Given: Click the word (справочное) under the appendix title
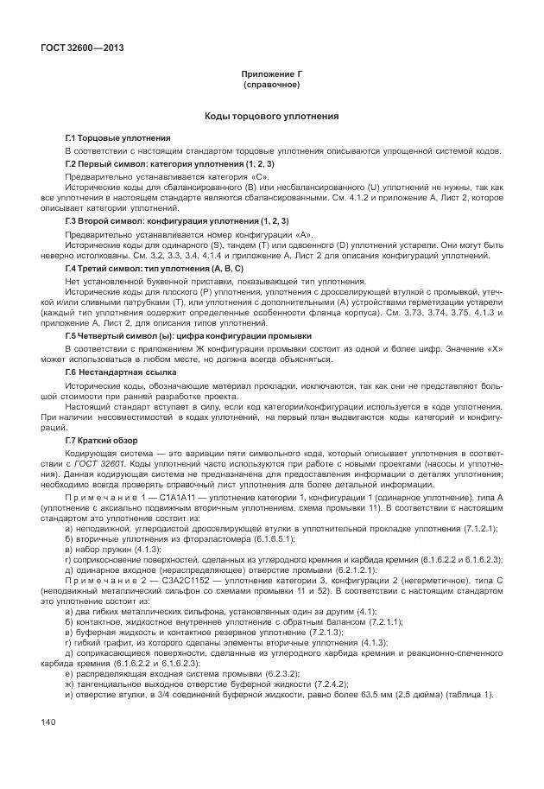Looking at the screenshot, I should [271, 86].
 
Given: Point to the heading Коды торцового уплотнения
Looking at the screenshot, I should [271, 115].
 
